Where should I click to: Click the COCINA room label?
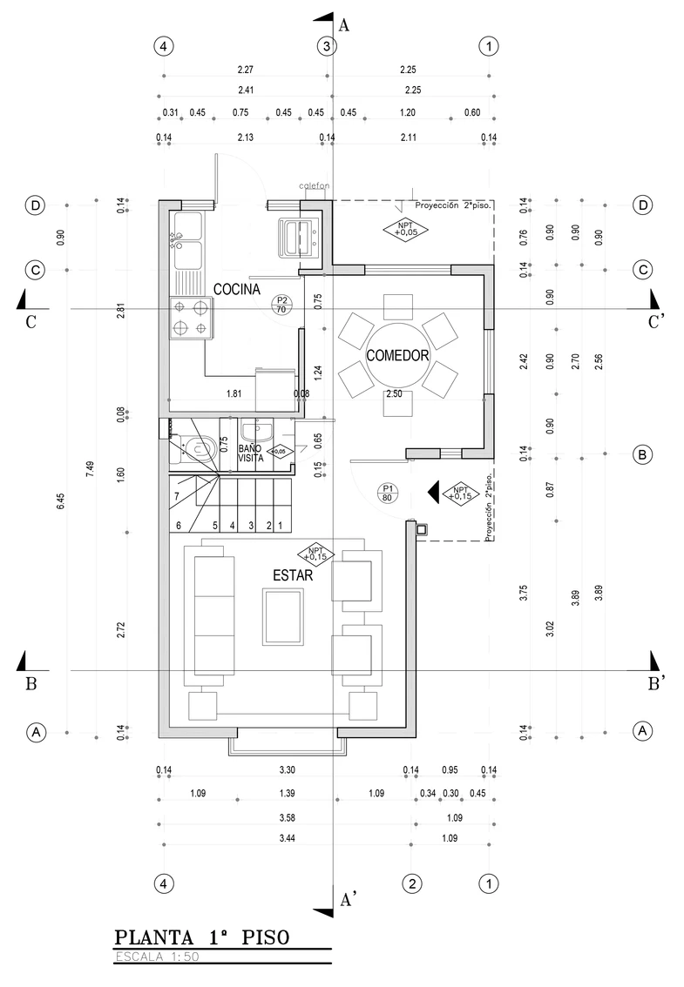pyautogui.click(x=236, y=290)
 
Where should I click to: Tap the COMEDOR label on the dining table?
pyautogui.click(x=397, y=356)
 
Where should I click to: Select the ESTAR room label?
pyautogui.click(x=293, y=575)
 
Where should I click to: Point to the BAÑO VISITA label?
pyautogui.click(x=250, y=453)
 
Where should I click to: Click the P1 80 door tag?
pyautogui.click(x=387, y=493)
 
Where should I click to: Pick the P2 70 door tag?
pyautogui.click(x=281, y=305)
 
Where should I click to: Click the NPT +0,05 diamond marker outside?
pyautogui.click(x=404, y=229)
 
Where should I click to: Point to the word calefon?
pyautogui.click(x=314, y=185)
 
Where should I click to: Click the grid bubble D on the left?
pyautogui.click(x=36, y=205)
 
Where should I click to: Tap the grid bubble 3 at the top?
pyautogui.click(x=327, y=46)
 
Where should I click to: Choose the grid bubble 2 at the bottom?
pyautogui.click(x=411, y=883)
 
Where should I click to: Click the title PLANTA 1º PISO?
pyautogui.click(x=202, y=937)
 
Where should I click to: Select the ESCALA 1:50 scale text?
pyautogui.click(x=157, y=957)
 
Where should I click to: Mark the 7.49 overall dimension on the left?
pyautogui.click(x=90, y=468)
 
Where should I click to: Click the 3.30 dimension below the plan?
pyautogui.click(x=287, y=769)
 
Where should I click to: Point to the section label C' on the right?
pyautogui.click(x=656, y=322)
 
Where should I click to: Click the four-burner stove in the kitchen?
pyautogui.click(x=191, y=319)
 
